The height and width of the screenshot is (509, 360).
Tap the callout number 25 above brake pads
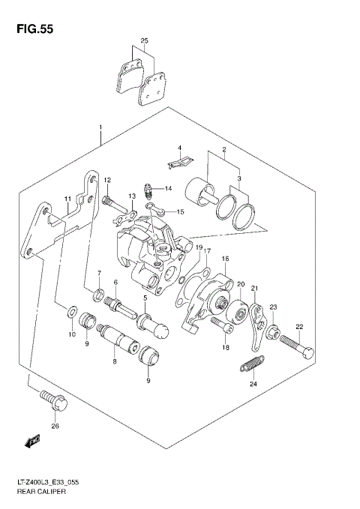coord(144,40)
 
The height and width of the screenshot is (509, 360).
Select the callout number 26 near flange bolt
coord(53,427)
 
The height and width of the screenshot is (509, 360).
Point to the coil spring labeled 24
coord(251,368)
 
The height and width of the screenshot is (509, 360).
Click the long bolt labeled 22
coord(296,349)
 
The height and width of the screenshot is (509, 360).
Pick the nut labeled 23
coord(273,329)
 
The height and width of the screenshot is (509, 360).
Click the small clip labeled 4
coord(177,159)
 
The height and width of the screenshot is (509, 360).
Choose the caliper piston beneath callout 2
coord(202,190)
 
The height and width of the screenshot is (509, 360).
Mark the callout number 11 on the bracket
coord(67,199)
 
